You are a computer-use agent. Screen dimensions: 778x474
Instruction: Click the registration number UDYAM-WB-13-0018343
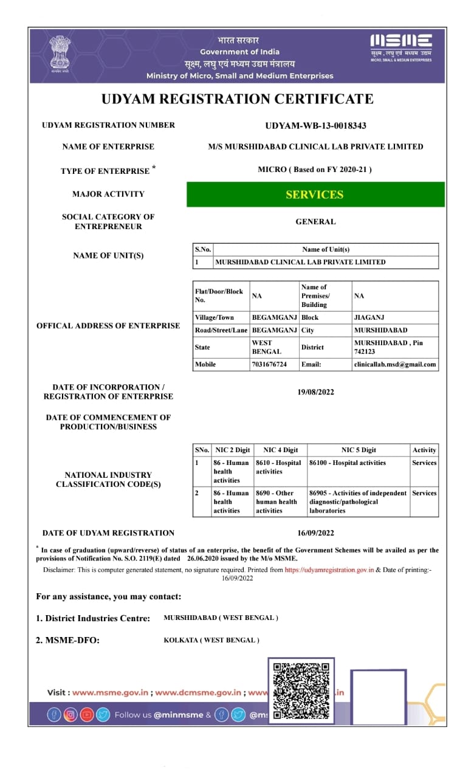(315, 126)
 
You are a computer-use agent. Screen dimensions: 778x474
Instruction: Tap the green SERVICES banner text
(315, 194)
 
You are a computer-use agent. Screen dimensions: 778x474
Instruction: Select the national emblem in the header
(60, 53)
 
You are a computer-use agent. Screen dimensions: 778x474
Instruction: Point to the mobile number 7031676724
(269, 365)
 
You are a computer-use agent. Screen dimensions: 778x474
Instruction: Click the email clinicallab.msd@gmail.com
(395, 365)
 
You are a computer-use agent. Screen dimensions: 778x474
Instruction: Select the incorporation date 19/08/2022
(315, 392)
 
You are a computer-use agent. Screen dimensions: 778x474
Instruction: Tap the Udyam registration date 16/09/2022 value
(315, 533)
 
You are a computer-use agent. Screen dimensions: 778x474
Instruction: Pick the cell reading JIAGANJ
(368, 317)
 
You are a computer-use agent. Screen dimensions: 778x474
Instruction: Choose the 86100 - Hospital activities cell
(348, 463)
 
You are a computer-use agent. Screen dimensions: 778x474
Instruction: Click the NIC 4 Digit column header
(280, 450)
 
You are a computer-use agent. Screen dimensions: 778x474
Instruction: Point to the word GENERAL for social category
(315, 222)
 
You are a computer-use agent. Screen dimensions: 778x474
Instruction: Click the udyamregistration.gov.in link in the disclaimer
(329, 570)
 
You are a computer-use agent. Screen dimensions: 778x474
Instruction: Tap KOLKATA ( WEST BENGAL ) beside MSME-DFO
(211, 640)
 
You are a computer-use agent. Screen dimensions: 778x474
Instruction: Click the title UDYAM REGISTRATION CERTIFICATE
(237, 98)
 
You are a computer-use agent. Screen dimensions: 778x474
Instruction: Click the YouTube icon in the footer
(87, 715)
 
